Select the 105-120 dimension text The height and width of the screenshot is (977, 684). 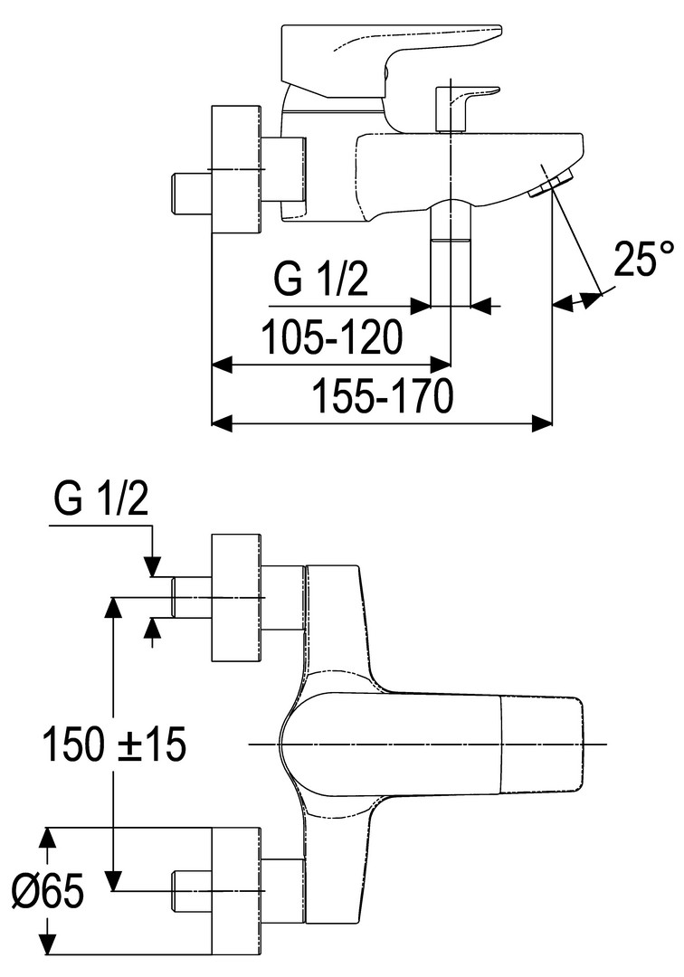pos(331,337)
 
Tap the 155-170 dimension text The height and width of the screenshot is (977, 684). pos(381,396)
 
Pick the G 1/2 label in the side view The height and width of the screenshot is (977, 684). pos(321,280)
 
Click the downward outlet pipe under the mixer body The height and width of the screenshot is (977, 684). pos(451,253)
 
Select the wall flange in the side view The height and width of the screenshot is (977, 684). pos(236,169)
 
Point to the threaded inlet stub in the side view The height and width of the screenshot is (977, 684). pos(190,192)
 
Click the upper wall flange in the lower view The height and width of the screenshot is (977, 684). pos(236,598)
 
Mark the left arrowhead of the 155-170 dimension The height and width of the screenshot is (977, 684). pos(221,422)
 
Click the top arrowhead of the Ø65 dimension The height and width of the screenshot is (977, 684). pos(50,837)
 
